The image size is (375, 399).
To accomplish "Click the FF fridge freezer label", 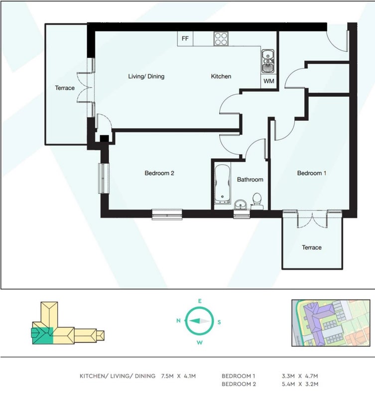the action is (x=185, y=38).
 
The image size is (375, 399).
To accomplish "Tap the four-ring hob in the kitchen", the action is (x=221, y=39).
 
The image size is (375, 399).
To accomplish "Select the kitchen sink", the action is (x=268, y=61).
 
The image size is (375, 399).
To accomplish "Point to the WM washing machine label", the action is (x=269, y=81).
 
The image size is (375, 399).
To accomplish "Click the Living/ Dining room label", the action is (x=146, y=76).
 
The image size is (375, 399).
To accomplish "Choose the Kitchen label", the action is (x=221, y=76).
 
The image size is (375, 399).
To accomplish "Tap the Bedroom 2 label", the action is (x=159, y=173).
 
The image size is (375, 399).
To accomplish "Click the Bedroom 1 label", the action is (x=311, y=173).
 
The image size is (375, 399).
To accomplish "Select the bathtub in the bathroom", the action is (x=222, y=184).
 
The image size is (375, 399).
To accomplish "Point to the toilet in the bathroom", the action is (x=257, y=201).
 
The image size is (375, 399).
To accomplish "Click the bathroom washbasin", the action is (x=241, y=204).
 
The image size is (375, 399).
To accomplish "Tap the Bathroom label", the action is (x=250, y=180).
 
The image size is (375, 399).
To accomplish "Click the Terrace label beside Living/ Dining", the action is (x=65, y=88).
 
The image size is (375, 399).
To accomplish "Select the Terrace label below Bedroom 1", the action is (x=312, y=247).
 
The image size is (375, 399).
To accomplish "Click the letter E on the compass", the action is (x=200, y=301).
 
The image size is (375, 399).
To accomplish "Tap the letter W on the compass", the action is (x=199, y=343).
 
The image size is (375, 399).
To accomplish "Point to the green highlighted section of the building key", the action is (x=42, y=336).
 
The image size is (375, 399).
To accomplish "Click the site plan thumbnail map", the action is (x=331, y=323).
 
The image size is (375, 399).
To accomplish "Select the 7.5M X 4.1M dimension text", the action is (x=178, y=376).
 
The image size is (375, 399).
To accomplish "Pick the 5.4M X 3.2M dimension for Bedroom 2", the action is (x=300, y=384).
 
